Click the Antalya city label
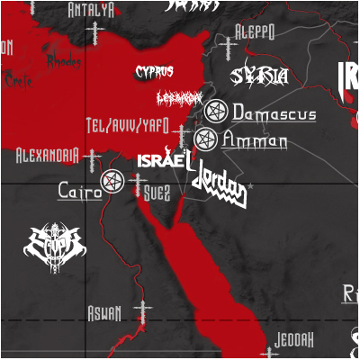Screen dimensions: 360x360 [91, 11]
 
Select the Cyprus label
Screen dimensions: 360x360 [154, 71]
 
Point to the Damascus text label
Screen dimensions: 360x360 [274, 113]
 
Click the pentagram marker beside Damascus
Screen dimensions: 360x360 [215, 112]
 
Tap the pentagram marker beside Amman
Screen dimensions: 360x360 [205, 139]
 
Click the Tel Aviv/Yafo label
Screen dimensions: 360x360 [126, 124]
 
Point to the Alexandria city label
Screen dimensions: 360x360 [47, 156]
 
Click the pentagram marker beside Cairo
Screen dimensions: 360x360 [112, 182]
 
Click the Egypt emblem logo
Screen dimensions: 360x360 [54, 243]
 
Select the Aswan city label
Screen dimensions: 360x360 [103, 312]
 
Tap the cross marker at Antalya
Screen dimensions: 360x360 [94, 34]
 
